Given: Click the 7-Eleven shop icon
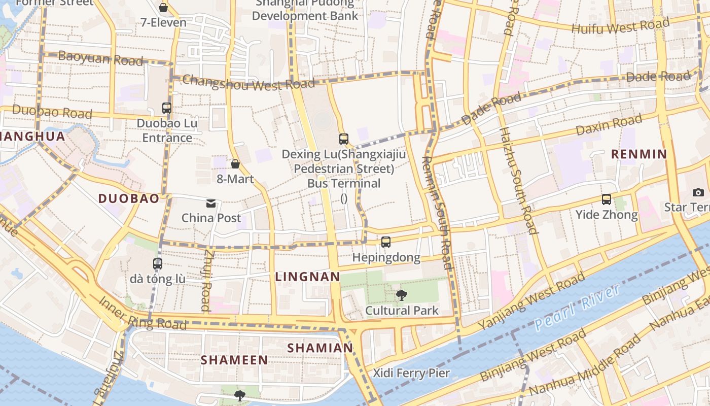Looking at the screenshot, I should [163, 8].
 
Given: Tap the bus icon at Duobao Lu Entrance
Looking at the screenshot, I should [167, 108].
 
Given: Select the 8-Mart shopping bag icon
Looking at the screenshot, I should [235, 163].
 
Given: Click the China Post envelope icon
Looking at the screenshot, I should [211, 204].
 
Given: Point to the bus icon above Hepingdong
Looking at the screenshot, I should [386, 242].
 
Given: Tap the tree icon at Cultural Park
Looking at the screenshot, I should [401, 295].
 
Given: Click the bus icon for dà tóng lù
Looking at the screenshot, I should [158, 264].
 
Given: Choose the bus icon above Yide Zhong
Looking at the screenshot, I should [607, 199].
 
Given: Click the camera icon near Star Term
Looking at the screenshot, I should [698, 192].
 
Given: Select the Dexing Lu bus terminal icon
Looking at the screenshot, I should [344, 139].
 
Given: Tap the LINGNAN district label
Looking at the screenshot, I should [307, 277].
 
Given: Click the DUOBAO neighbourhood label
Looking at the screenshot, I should [129, 198].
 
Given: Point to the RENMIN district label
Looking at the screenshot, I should [638, 154].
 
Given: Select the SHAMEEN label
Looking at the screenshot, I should [234, 360].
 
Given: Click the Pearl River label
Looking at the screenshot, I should [577, 308].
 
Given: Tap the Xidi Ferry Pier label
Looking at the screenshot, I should [411, 374].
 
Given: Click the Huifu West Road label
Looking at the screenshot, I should [620, 26].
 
